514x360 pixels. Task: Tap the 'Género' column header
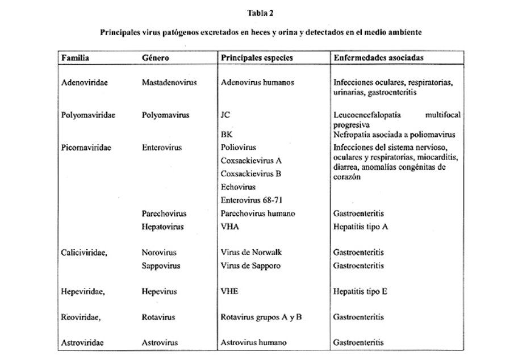click(156, 58)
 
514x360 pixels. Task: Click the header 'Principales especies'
click(256, 58)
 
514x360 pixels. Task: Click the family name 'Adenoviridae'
click(85, 82)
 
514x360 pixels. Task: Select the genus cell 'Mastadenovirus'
click(169, 82)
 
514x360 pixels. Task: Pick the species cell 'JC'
click(225, 115)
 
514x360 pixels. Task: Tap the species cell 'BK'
click(226, 135)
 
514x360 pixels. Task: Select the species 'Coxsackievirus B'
click(251, 174)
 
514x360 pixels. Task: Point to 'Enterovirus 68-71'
click(252, 200)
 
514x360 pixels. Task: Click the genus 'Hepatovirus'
click(163, 227)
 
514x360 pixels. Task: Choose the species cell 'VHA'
click(229, 227)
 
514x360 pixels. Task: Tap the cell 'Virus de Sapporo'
click(250, 266)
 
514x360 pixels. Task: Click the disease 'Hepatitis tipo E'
click(361, 292)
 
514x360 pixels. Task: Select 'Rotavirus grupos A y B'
click(261, 317)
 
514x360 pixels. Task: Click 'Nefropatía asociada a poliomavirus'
click(395, 135)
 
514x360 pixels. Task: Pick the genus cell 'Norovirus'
click(159, 252)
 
